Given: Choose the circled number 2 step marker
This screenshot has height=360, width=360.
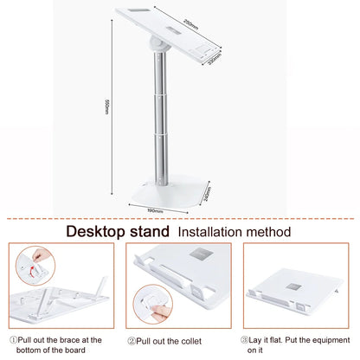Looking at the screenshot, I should click(x=132, y=341).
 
